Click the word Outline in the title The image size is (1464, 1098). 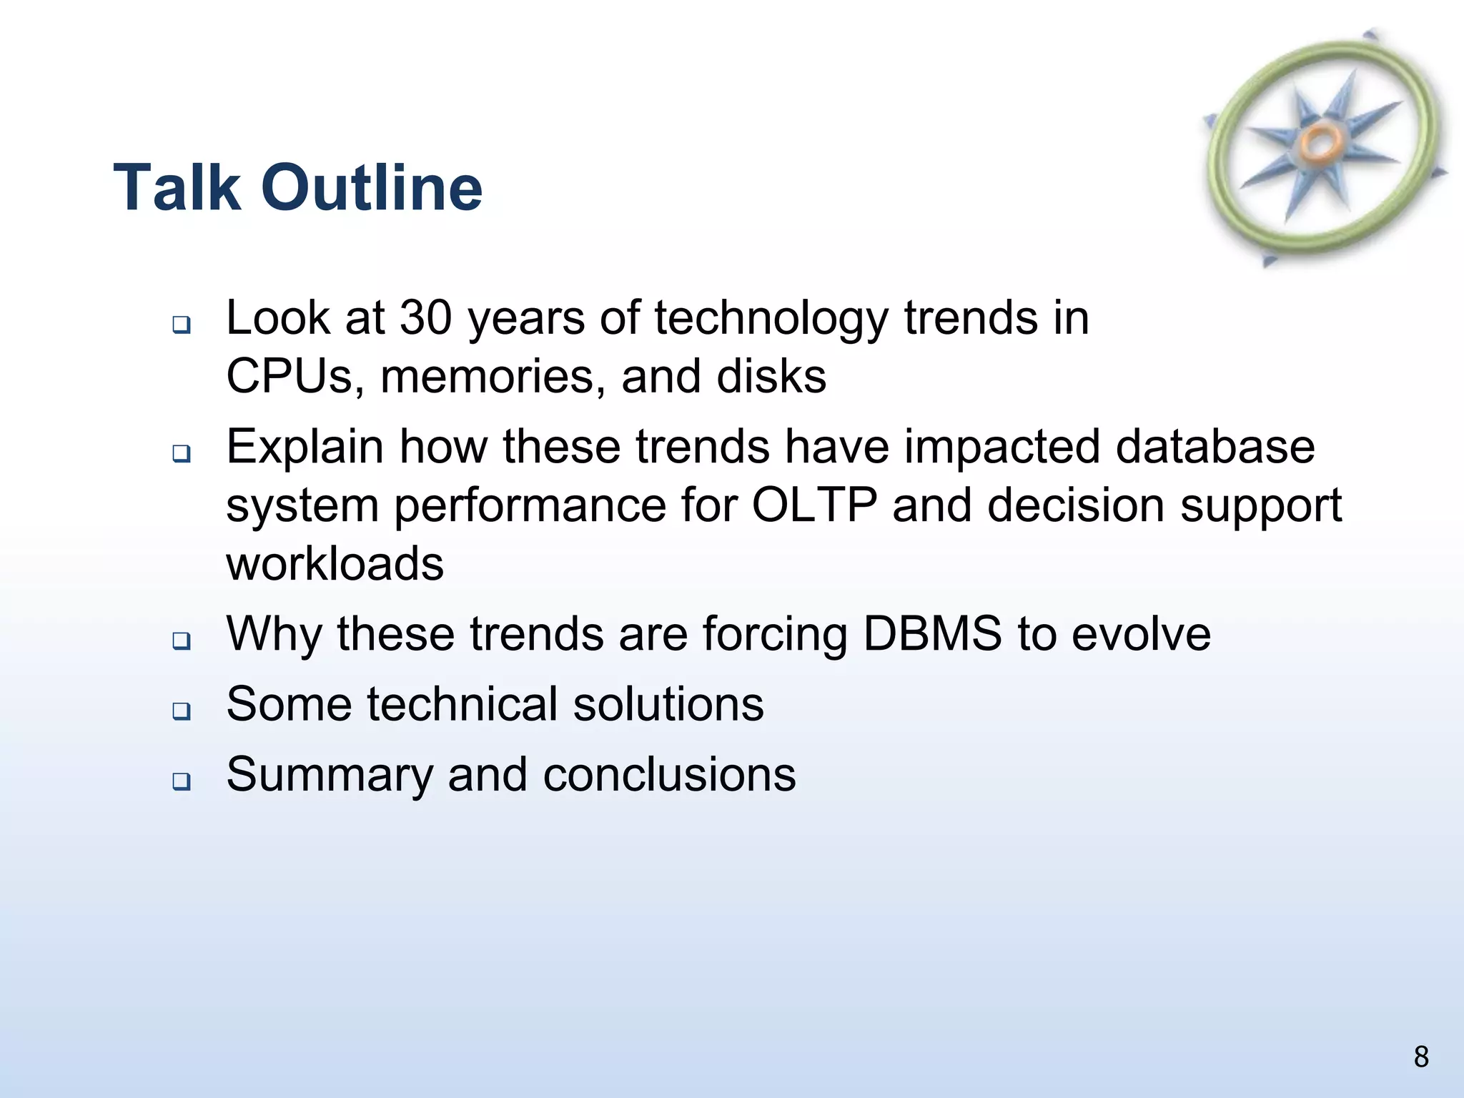click(372, 187)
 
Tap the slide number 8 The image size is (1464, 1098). click(1421, 1057)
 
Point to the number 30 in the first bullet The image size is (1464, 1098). click(425, 317)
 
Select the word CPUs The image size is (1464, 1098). click(290, 376)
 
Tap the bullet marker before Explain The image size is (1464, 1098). click(182, 453)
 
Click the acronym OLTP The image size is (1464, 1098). click(814, 505)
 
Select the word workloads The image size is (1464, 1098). click(335, 563)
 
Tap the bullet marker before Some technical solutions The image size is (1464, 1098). click(182, 711)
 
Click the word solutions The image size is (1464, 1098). click(668, 704)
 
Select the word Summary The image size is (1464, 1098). click(329, 775)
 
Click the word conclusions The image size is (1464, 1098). click(669, 775)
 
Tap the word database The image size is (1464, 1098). click(1215, 447)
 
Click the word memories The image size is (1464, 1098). click(488, 376)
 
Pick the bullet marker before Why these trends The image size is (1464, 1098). click(182, 640)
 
